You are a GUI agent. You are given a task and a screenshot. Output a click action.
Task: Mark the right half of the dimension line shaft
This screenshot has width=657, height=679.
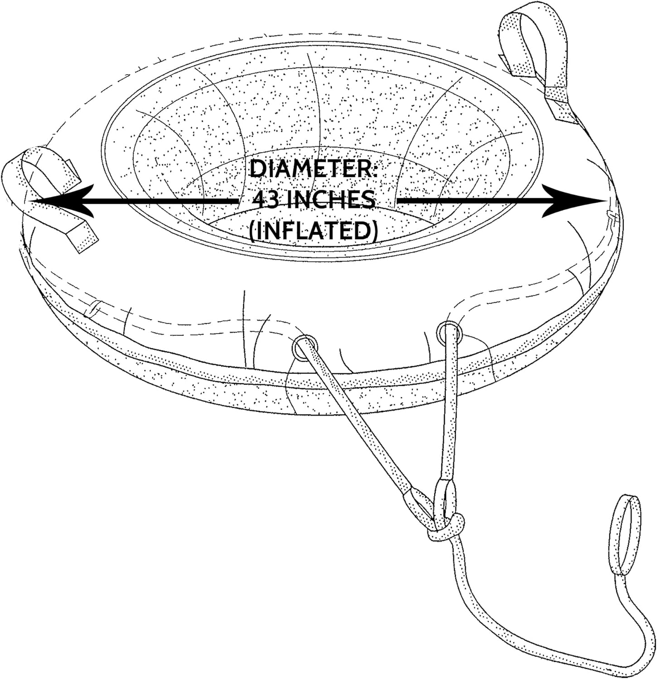(x=471, y=201)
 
